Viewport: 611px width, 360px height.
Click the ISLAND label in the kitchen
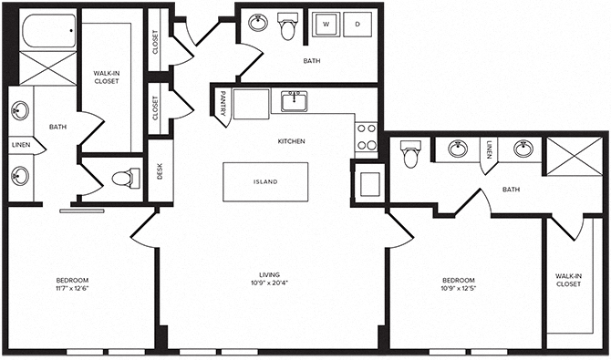pos(265,181)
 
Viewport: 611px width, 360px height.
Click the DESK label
pos(160,171)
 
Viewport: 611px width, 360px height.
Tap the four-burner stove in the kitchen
pos(366,137)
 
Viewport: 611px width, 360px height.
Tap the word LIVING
pos(268,274)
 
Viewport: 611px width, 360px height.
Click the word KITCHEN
pos(291,141)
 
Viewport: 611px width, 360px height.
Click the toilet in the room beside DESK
pos(122,177)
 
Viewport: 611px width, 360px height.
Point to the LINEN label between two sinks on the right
pos(490,149)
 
